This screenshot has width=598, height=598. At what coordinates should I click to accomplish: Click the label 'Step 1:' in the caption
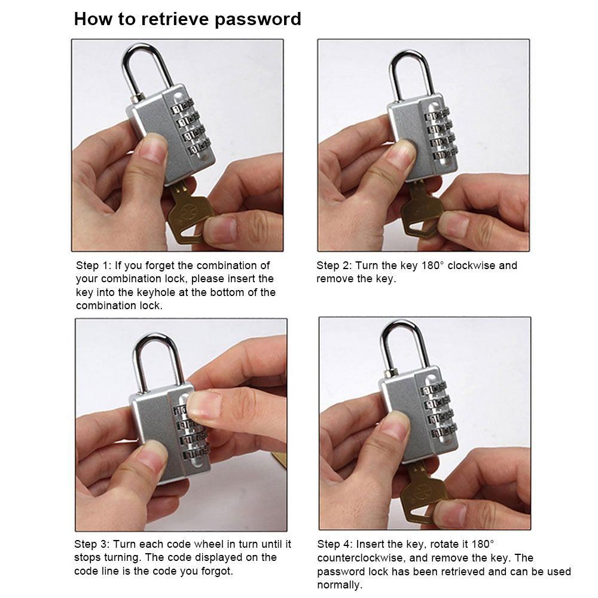[93, 266]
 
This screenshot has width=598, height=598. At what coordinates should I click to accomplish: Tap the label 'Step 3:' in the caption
[91, 544]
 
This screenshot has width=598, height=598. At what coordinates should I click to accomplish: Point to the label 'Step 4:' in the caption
[334, 544]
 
